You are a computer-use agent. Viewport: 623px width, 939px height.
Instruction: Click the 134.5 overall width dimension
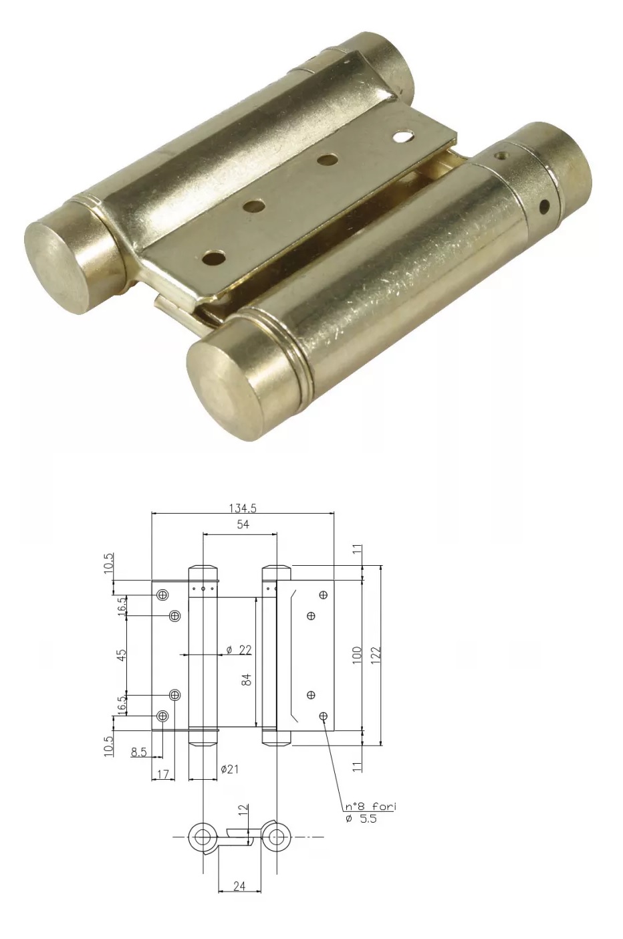point(243,508)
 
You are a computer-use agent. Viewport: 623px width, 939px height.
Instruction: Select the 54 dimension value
point(243,524)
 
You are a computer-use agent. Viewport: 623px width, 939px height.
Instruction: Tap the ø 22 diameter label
point(239,650)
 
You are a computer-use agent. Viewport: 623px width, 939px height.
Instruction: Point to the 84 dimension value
point(247,680)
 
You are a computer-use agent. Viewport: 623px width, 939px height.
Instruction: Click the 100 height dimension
point(356,655)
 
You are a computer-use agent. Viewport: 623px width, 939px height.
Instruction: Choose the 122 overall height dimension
point(376,655)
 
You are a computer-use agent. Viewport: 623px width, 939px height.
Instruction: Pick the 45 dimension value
point(121,655)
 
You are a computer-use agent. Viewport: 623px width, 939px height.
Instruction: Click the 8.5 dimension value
point(138,752)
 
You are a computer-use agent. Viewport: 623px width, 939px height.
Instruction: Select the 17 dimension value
point(163,774)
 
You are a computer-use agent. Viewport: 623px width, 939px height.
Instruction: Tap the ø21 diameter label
point(229,769)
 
